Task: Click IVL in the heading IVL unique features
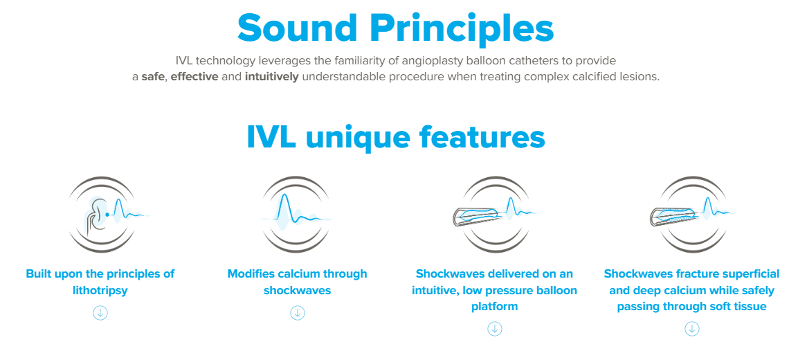coord(272,136)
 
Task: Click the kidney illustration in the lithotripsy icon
coord(94,215)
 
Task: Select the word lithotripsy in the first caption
coord(100,291)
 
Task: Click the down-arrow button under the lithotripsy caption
coord(100,313)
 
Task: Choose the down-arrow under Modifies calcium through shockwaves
coord(298,313)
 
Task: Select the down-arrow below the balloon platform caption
coord(495,329)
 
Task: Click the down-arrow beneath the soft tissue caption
coord(691,329)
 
